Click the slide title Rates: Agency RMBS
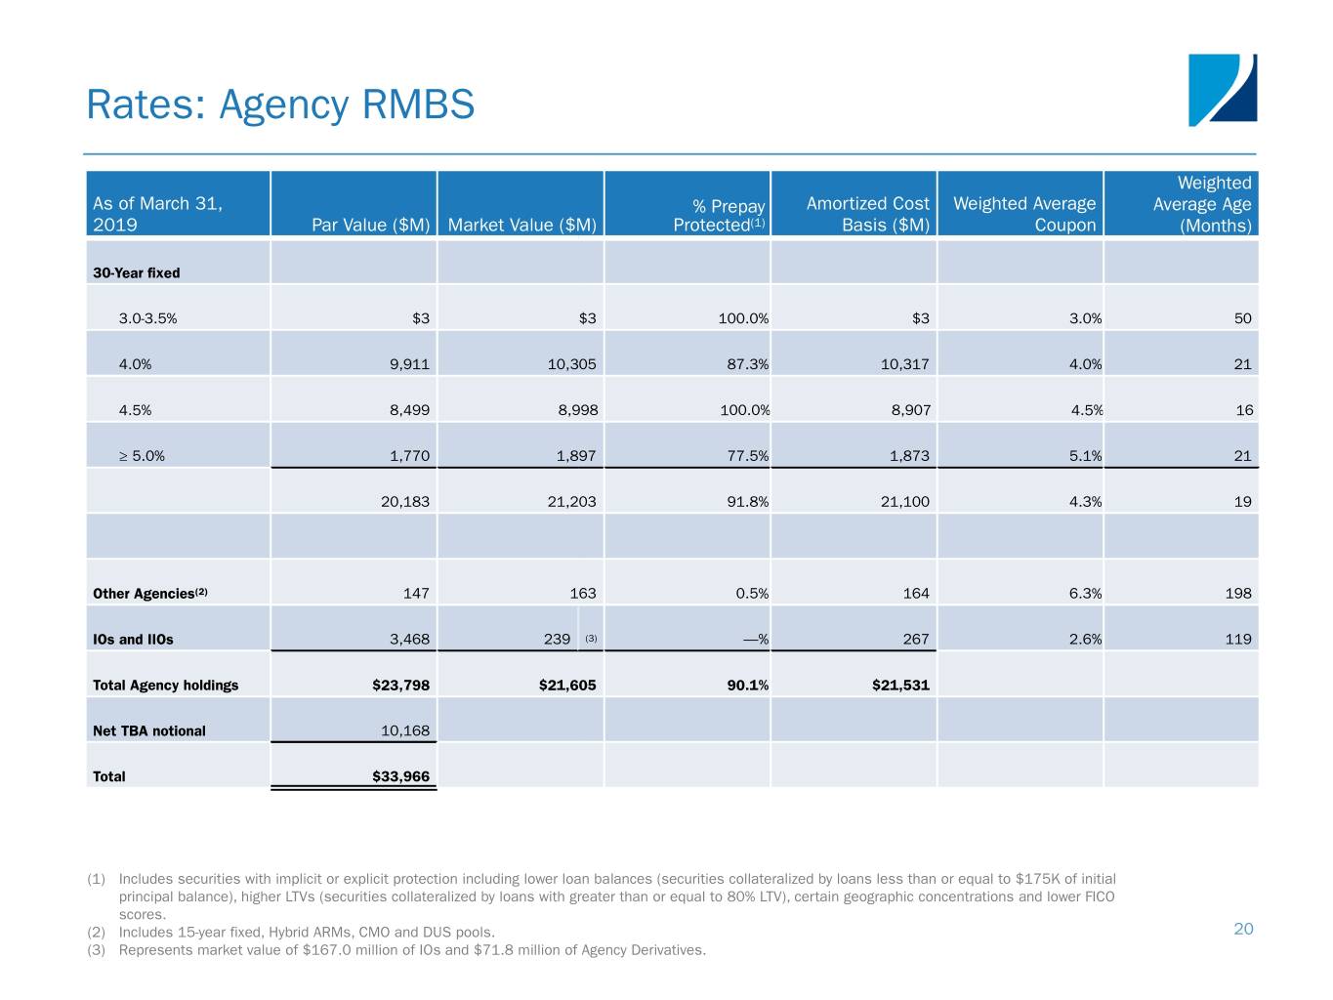tap(280, 104)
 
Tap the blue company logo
tap(1222, 90)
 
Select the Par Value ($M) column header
tap(370, 225)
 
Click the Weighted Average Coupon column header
tap(1024, 214)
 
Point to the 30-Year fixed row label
tap(137, 273)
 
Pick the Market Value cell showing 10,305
tap(571, 364)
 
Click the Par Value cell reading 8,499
tap(409, 410)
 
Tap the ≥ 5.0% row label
tap(142, 456)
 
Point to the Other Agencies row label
tap(149, 594)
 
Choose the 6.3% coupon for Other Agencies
tap(1085, 594)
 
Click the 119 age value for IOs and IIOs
tap(1237, 640)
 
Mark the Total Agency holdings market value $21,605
tap(567, 686)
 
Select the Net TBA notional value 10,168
tap(404, 731)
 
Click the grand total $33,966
tap(400, 777)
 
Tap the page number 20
tap(1243, 929)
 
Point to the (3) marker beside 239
tap(591, 639)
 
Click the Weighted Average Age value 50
tap(1242, 318)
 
